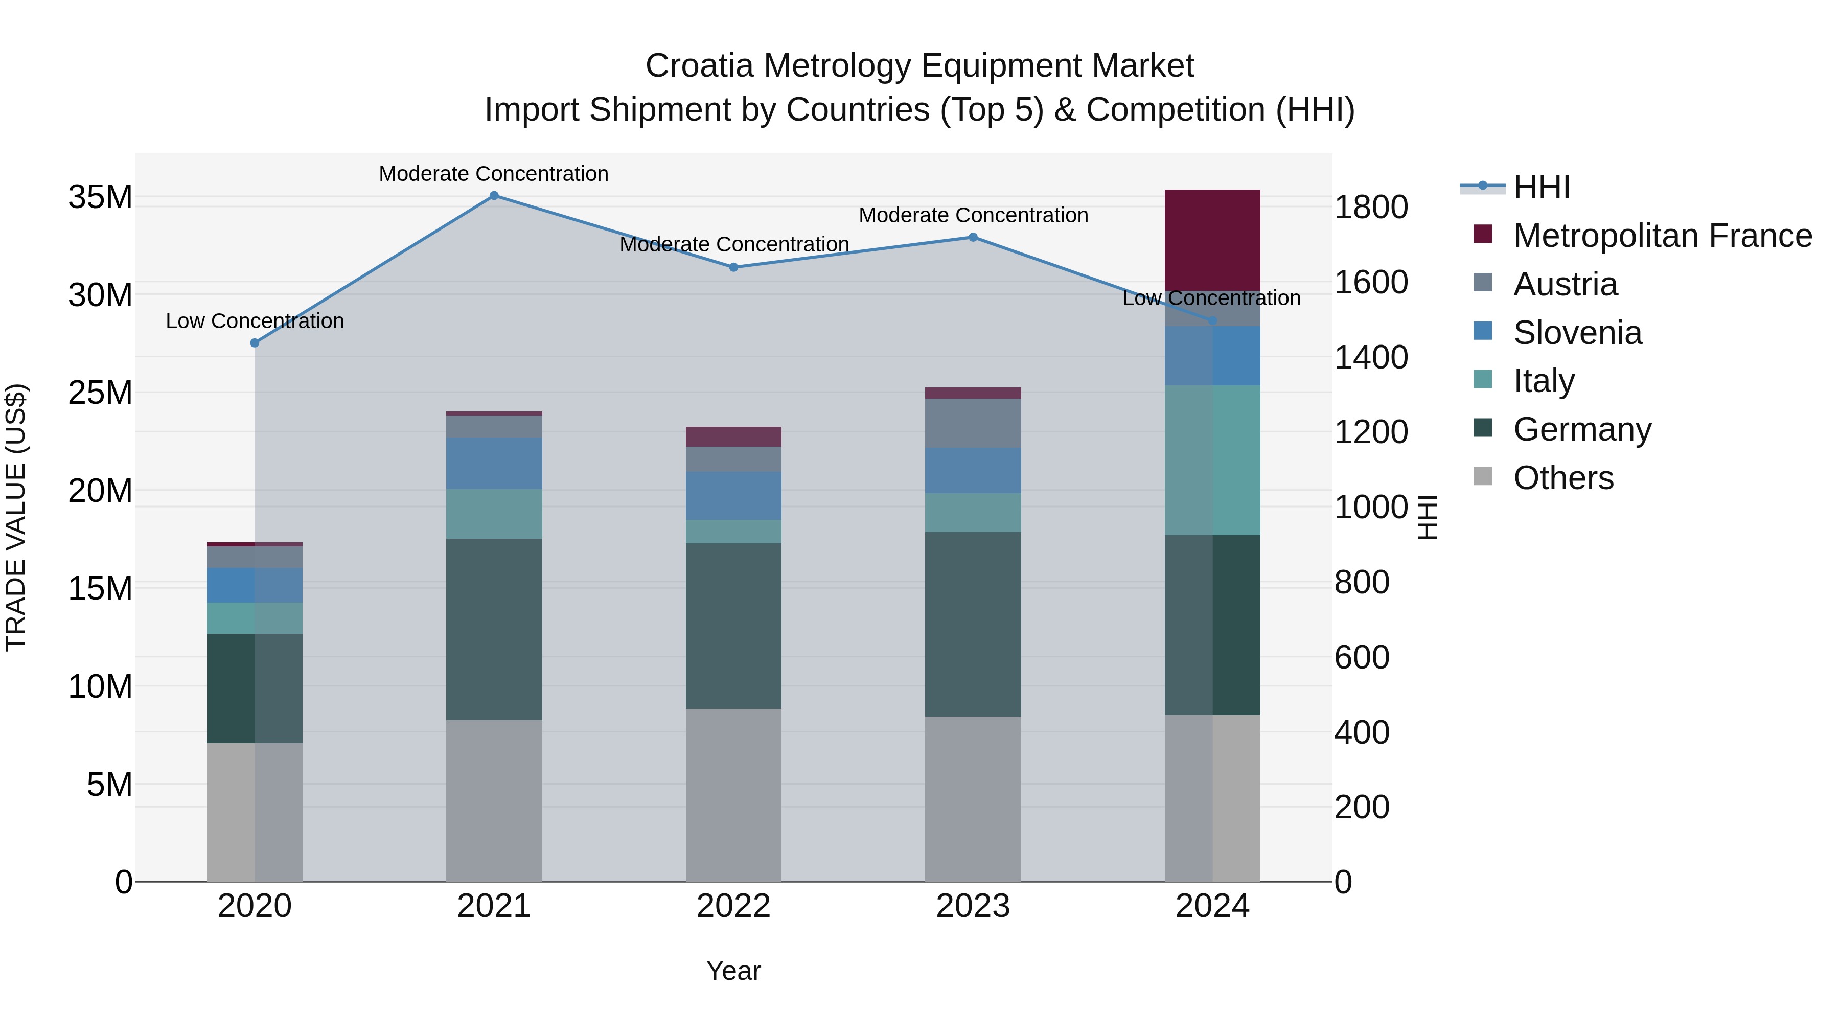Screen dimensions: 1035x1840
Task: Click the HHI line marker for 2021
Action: click(494, 196)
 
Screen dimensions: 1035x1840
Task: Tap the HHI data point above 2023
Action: click(973, 237)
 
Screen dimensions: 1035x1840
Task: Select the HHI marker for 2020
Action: click(255, 343)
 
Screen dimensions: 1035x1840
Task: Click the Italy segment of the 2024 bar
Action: click(1212, 460)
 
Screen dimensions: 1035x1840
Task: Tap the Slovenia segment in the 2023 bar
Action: click(973, 470)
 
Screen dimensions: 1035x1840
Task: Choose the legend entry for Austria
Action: click(1565, 284)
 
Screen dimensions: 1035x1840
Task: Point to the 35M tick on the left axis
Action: click(100, 197)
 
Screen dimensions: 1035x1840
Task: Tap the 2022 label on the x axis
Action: click(733, 906)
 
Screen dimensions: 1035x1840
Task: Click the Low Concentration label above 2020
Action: click(255, 321)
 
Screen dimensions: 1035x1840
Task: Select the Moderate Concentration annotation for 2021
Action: click(494, 174)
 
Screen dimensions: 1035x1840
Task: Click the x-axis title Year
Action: click(733, 971)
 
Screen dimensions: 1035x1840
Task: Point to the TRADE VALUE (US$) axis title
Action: click(16, 517)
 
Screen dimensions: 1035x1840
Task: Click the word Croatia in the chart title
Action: click(699, 66)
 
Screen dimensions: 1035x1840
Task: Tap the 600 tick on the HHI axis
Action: click(1362, 657)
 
